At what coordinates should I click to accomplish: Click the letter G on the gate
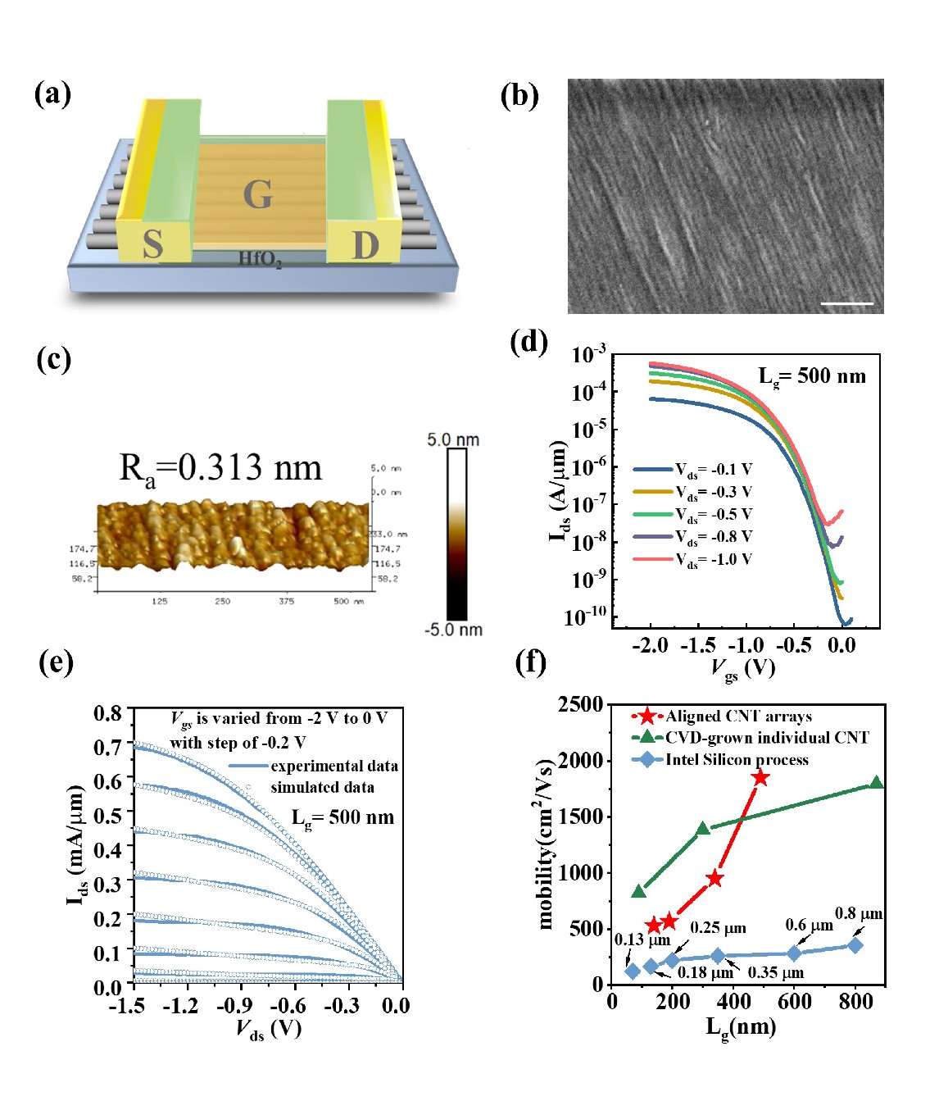[257, 195]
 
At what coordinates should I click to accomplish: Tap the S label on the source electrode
[152, 244]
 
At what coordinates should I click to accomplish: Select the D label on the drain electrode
[365, 244]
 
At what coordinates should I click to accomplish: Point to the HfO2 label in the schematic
[260, 260]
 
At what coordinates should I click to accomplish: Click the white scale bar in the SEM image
[847, 303]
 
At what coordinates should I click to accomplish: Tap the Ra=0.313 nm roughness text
[220, 468]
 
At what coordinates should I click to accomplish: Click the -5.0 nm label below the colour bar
[453, 630]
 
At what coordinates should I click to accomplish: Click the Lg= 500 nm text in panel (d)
[811, 376]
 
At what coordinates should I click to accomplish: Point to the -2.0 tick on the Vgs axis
[651, 645]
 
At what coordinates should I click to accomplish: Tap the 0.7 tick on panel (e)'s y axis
[107, 748]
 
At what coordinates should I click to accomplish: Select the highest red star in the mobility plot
[760, 777]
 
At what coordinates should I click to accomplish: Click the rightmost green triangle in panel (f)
[876, 783]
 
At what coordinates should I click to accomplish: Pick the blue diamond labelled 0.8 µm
[855, 945]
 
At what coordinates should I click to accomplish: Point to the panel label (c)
[54, 359]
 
